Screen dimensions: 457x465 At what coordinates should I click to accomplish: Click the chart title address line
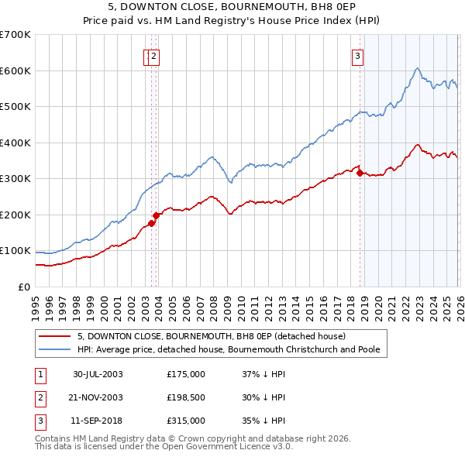pos(232,8)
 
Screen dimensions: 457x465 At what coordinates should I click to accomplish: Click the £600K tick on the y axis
pos(15,70)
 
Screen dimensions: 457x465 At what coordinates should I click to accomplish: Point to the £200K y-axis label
pos(15,215)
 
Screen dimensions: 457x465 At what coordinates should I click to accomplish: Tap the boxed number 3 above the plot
pos(358,55)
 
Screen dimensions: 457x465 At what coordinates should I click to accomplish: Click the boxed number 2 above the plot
pos(154,55)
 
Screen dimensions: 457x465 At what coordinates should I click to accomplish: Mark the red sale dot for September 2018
pos(360,173)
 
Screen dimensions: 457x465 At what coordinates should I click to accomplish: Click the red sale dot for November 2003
pos(156,215)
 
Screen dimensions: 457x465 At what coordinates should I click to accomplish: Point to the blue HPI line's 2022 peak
pos(417,68)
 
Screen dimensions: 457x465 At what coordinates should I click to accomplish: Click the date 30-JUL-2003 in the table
pos(98,374)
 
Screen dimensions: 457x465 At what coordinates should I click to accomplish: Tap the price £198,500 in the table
pos(185,397)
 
